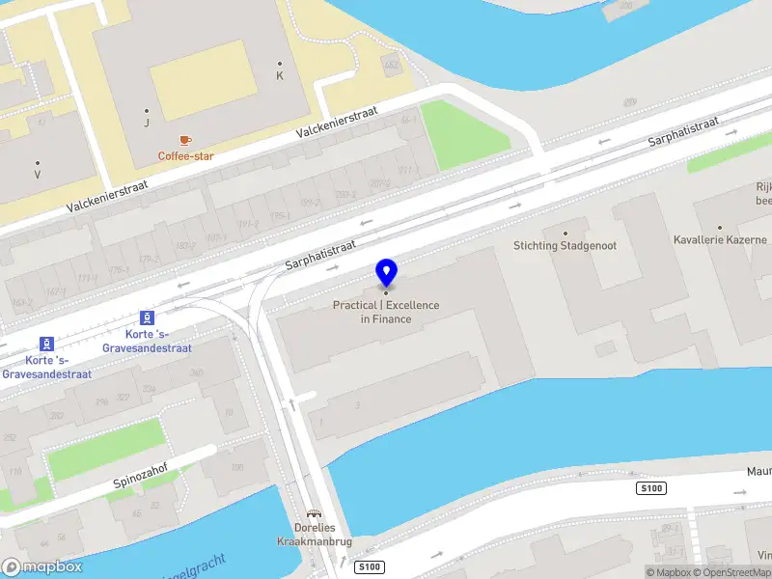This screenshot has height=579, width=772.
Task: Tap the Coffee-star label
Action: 186,155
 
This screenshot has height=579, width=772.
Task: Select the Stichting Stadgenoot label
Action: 565,245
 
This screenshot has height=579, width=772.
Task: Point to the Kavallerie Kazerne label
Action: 720,239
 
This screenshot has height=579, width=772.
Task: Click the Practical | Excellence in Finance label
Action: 386,312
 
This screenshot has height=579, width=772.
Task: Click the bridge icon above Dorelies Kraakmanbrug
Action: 312,514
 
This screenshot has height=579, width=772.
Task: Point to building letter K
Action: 280,75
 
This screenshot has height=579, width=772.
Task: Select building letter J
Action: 147,123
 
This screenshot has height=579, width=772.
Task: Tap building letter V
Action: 37,175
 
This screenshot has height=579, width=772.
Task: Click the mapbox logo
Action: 41,567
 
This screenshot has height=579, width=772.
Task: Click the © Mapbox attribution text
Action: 668,572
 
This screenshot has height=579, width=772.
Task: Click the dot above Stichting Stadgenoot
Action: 565,233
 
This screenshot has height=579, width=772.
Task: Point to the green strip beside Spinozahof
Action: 106,448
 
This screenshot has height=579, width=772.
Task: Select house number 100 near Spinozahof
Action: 236,468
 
